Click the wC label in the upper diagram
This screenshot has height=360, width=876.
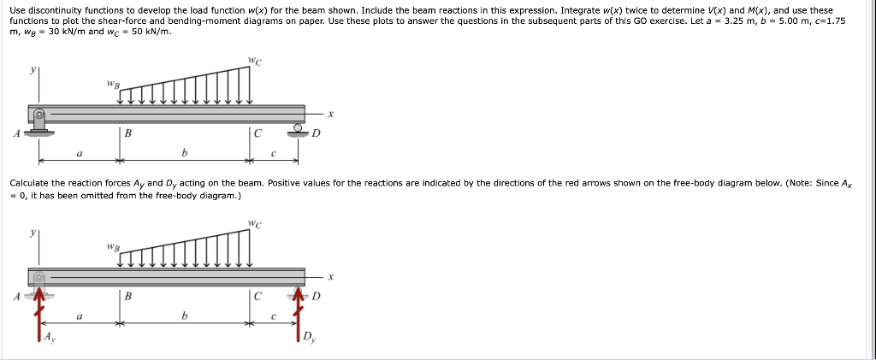click(x=254, y=61)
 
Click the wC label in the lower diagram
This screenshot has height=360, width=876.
click(x=254, y=225)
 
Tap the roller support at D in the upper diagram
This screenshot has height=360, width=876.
click(x=298, y=129)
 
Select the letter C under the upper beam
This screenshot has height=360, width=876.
click(x=257, y=133)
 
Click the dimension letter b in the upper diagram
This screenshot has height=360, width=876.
click(x=184, y=154)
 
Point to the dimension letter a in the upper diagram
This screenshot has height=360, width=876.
click(x=79, y=154)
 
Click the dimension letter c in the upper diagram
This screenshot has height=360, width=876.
click(x=273, y=154)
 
